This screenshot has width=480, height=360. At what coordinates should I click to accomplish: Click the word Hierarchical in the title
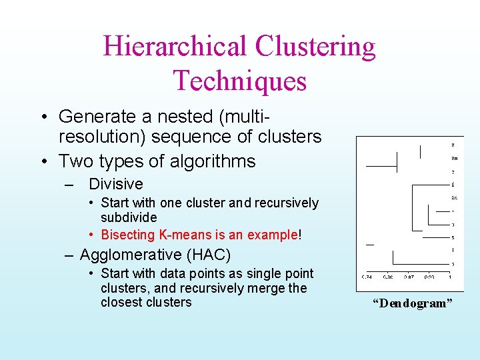click(x=175, y=47)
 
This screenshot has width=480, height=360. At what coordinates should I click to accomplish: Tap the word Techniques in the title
click(x=240, y=81)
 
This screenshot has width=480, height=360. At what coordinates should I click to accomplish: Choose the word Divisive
click(x=116, y=184)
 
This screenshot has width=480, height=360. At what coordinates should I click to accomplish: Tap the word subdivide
click(x=129, y=218)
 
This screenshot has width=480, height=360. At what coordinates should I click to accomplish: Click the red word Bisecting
click(x=128, y=235)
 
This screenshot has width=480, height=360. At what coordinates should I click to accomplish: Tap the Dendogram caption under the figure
click(x=412, y=304)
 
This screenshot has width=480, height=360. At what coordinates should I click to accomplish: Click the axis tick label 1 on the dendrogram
click(x=450, y=277)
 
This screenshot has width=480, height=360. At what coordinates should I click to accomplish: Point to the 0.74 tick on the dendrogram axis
click(x=367, y=277)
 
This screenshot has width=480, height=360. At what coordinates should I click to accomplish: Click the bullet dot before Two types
click(x=42, y=161)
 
